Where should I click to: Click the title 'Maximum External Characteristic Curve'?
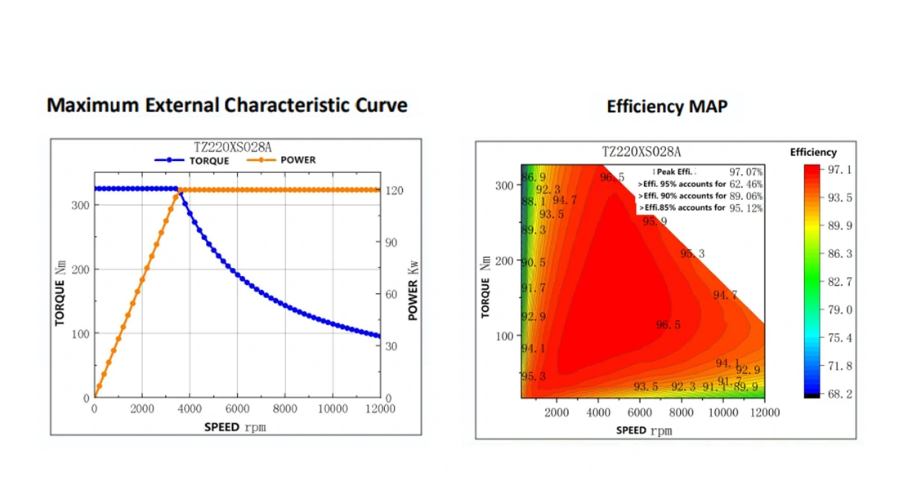pyautogui.click(x=227, y=105)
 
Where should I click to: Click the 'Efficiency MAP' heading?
pyautogui.click(x=667, y=106)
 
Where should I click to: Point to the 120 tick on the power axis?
pyautogui.click(x=393, y=190)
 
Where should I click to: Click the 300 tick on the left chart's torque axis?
pyautogui.click(x=79, y=204)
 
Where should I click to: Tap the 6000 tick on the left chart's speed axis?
pyautogui.click(x=237, y=409)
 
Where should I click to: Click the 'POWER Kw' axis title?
pyautogui.click(x=413, y=290)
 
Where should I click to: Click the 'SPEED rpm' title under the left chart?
pyautogui.click(x=236, y=427)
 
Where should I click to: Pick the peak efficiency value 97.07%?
pyautogui.click(x=745, y=172)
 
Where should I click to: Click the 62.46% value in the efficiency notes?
pyautogui.click(x=745, y=184)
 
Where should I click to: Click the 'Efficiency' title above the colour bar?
pyautogui.click(x=813, y=152)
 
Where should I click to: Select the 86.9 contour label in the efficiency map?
pyautogui.click(x=534, y=178)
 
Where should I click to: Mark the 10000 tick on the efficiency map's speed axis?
pyautogui.click(x=722, y=412)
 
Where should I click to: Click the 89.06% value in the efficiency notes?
pyautogui.click(x=745, y=196)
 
